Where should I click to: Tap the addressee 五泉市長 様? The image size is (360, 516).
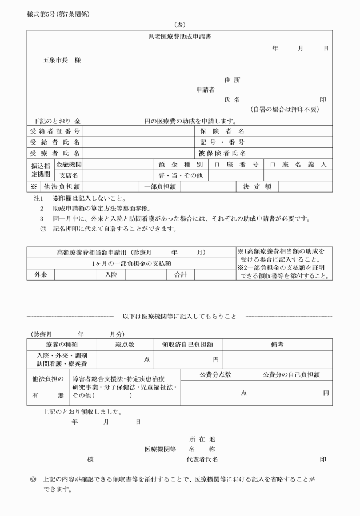pos(62,60)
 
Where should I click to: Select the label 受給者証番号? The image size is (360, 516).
pos(55,131)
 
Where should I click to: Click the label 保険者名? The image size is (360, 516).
pos(222,131)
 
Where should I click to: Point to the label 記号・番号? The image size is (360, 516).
pos(222,142)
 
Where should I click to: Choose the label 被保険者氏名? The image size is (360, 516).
pos(222,153)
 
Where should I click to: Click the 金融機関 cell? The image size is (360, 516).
pos(69,165)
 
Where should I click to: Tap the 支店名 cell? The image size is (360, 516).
pos(69,175)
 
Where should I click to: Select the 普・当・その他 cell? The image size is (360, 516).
pos(181,175)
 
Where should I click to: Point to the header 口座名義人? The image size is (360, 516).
pos(298,165)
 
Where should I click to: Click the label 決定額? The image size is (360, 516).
pos(257,186)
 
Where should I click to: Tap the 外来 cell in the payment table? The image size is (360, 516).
pos(41,275)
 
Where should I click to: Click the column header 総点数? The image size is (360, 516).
pos(124,345)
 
